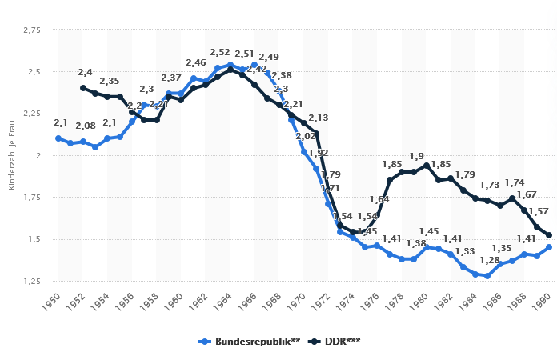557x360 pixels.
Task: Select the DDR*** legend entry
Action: coord(336,341)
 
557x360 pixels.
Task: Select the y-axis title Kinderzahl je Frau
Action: coord(11,156)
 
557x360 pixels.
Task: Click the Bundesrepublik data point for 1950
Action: coord(58,138)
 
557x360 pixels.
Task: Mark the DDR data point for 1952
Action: coord(83,88)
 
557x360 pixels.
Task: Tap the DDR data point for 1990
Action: coord(549,235)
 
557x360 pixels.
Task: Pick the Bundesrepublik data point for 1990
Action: coord(549,247)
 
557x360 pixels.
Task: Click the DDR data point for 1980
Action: coord(427,165)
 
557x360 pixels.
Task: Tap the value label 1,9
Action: coord(416,156)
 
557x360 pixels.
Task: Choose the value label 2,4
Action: coord(84,73)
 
